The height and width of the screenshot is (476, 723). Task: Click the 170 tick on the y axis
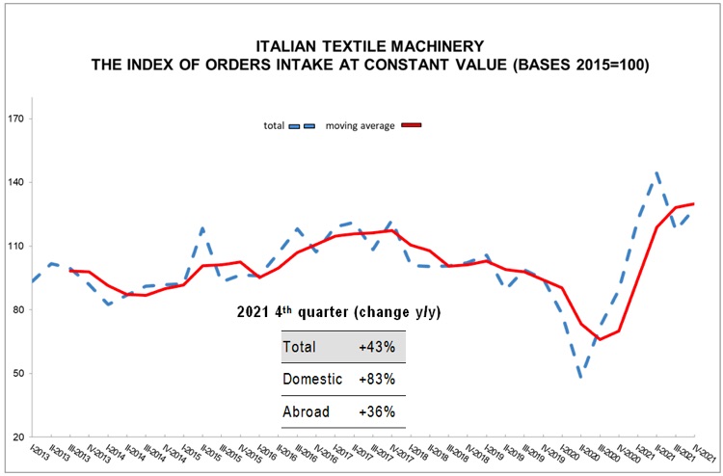click(x=17, y=119)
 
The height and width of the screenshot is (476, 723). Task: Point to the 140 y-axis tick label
click(x=17, y=183)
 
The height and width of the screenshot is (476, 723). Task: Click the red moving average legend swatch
click(x=412, y=125)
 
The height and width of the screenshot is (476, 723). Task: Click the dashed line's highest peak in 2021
click(x=657, y=173)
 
